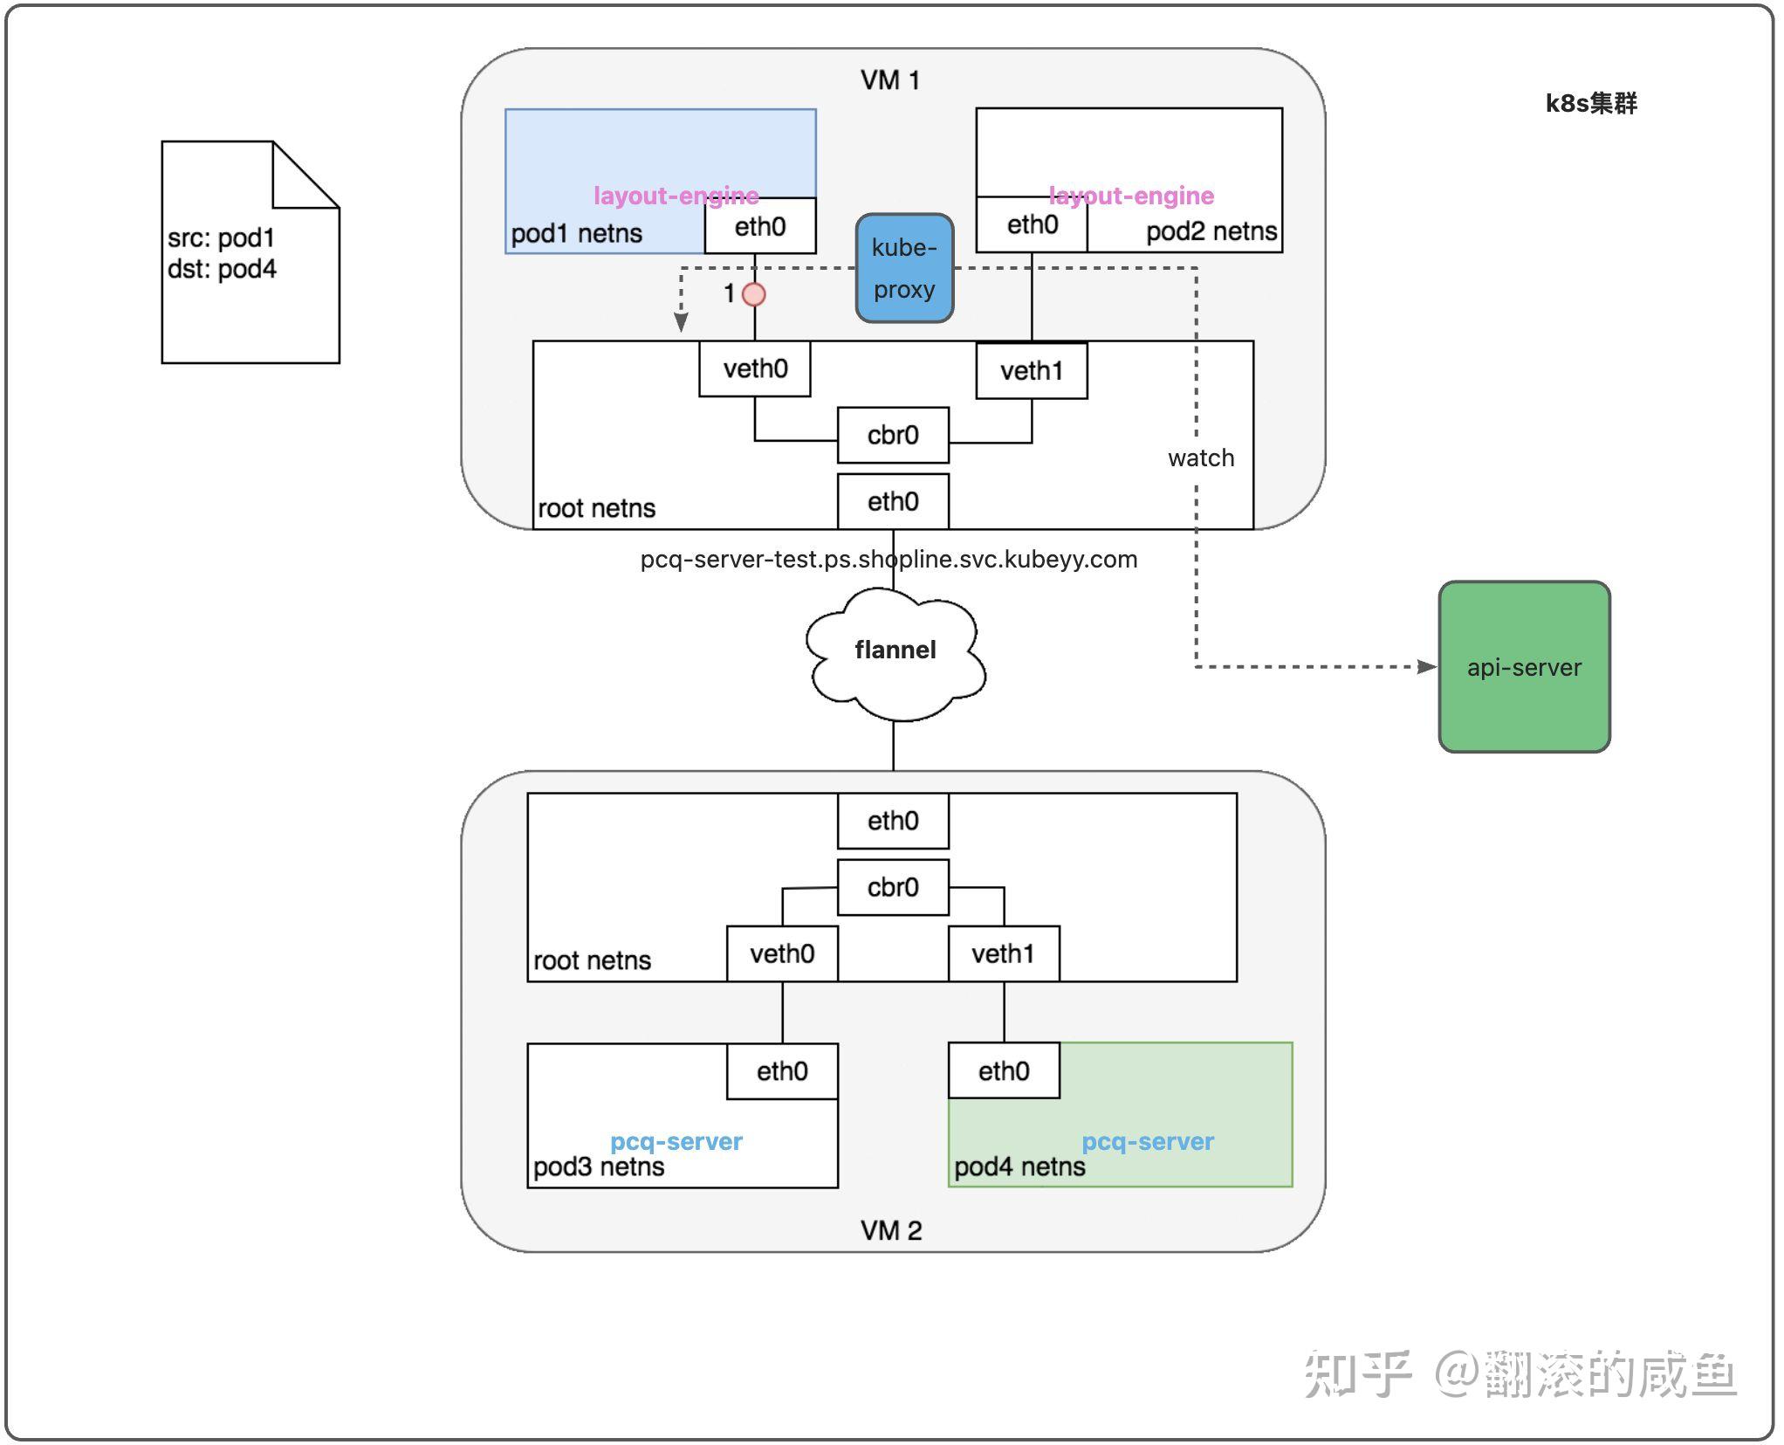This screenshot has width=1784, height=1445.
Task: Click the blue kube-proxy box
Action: click(x=904, y=268)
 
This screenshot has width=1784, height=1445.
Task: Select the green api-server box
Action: click(x=1524, y=667)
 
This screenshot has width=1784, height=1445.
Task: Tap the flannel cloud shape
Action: click(x=895, y=651)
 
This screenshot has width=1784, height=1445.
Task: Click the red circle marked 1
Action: click(x=754, y=294)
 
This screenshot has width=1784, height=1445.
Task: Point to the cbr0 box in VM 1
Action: click(x=893, y=435)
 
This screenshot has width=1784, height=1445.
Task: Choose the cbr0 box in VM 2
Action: click(x=893, y=887)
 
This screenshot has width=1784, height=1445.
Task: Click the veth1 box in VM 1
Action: click(x=1032, y=371)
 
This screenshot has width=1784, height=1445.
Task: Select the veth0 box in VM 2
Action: click(x=782, y=953)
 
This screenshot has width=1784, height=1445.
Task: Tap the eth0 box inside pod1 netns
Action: click(x=760, y=226)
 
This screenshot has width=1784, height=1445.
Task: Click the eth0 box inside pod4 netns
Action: click(x=1004, y=1070)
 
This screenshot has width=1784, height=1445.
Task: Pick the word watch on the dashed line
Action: click(x=1201, y=458)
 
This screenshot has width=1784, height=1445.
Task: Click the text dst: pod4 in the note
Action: click(x=222, y=269)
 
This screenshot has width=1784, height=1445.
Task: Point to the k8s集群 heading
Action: click(x=1590, y=103)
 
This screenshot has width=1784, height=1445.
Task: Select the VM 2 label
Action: click(x=891, y=1230)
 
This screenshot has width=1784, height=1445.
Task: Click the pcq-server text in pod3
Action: click(x=676, y=1141)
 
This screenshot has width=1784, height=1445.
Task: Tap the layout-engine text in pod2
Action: click(x=1131, y=196)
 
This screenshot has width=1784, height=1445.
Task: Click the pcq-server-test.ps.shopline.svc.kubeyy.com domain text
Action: click(x=889, y=559)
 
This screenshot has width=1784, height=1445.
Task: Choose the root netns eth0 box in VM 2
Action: click(x=893, y=821)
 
